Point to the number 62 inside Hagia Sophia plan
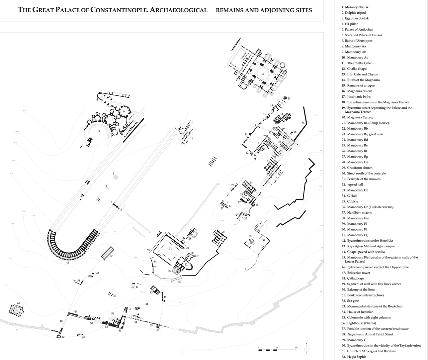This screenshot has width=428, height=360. tap(263, 74)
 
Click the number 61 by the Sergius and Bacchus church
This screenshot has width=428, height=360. tap(19, 303)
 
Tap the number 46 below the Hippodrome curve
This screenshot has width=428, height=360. tap(68, 263)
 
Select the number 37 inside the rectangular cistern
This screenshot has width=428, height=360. tap(111, 256)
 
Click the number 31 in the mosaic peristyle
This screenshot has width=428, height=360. tap(170, 248)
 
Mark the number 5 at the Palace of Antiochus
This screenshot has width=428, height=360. tap(99, 131)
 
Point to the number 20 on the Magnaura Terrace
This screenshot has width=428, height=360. tap(302, 123)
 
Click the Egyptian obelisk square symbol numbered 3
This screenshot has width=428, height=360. tap(116, 178)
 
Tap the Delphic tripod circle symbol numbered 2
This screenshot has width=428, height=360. tap(107, 189)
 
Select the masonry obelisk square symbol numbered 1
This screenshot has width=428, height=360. tap(99, 200)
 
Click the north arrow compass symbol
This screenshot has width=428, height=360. tap(307, 348)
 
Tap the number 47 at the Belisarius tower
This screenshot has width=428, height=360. tap(63, 337)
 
